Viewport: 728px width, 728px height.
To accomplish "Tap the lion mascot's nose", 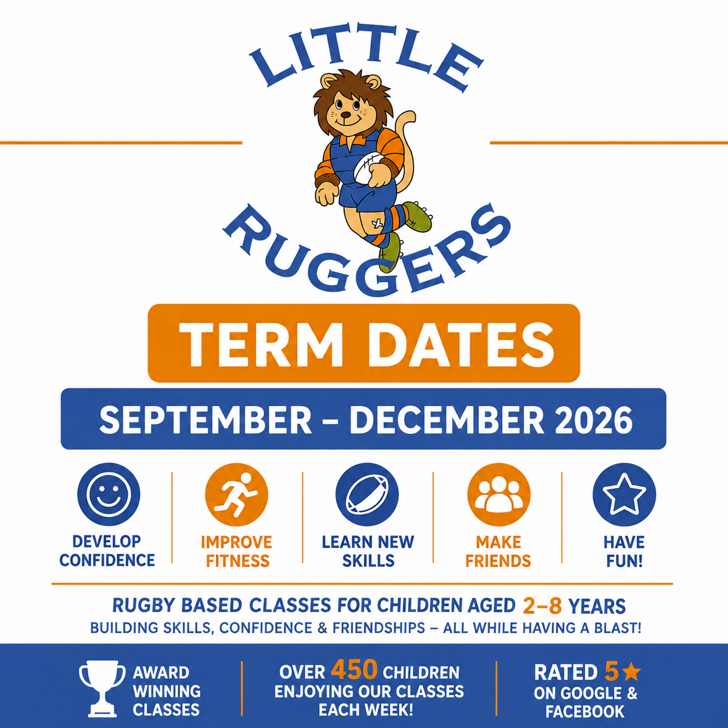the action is point(345,114).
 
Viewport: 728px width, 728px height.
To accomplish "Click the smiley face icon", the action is point(109,494).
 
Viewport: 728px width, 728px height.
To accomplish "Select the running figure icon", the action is point(236,495).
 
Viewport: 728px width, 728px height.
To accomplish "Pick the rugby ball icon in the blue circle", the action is point(367,495).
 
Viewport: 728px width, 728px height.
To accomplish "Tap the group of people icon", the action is point(499,495).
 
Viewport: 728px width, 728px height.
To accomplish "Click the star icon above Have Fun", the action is point(624,495).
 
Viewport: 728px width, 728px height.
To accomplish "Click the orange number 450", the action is point(354,669).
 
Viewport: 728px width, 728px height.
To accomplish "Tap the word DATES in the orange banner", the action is point(460,344).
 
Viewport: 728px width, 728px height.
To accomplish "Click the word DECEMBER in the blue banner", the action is point(447,420).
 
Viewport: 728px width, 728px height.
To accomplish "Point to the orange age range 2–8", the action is point(542,606).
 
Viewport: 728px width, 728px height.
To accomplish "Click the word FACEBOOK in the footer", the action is point(585,711).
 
